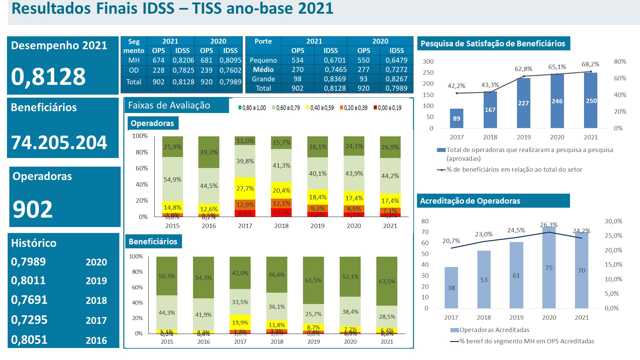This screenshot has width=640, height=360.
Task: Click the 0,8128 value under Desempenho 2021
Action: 48,77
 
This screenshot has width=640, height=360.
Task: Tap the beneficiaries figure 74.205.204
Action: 59,143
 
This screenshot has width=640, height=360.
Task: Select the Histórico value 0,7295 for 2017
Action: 29,320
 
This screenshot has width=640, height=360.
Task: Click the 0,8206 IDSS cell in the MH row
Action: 183,60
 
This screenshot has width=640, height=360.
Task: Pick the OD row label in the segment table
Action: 134,70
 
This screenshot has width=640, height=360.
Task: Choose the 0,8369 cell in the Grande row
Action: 335,79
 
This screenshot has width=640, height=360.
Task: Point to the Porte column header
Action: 263,41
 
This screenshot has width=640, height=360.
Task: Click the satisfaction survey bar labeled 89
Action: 456,118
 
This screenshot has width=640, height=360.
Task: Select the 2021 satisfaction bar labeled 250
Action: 591,100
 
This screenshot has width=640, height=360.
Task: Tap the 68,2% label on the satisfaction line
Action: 590,64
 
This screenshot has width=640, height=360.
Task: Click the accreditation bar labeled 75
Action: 549,268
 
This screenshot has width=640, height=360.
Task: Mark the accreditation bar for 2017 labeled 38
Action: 451,288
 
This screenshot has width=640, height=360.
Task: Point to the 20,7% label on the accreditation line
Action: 451,241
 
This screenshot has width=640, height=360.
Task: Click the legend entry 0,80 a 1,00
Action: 252,108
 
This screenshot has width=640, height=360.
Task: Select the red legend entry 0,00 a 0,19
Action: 387,108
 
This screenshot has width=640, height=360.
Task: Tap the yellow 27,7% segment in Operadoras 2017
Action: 245,189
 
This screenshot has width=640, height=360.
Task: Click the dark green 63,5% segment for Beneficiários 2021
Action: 387,281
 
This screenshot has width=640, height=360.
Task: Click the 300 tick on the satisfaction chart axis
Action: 428,62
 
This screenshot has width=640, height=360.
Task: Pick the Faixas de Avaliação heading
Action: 169,106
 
